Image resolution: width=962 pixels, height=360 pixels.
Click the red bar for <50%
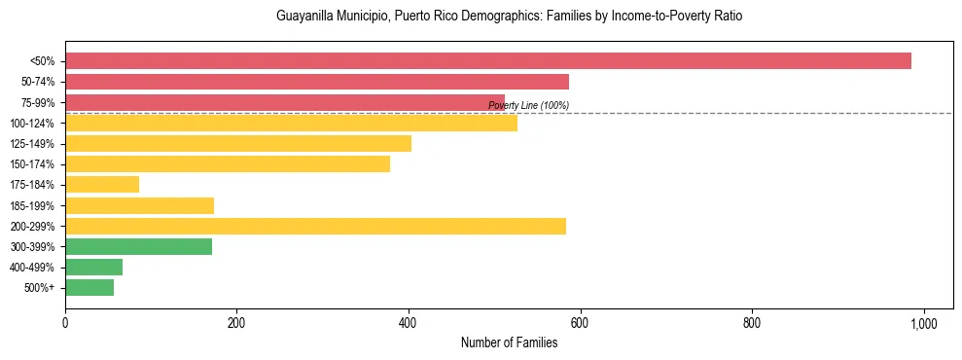tap(487, 61)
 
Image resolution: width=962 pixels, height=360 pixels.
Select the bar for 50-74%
tap(316, 82)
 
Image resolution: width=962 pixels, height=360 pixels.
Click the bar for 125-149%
tap(237, 144)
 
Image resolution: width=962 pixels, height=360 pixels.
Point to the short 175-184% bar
tap(102, 185)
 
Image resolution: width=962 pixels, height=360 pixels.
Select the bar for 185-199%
tap(139, 205)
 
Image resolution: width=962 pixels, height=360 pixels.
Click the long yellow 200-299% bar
tap(315, 227)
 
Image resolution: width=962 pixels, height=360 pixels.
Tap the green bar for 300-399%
tap(138, 247)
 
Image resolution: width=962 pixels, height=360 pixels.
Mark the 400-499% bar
tap(93, 268)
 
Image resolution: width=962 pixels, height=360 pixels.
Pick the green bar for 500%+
tap(89, 288)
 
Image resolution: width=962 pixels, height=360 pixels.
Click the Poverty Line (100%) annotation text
tap(528, 106)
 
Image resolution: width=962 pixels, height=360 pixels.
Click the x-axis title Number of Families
tap(509, 342)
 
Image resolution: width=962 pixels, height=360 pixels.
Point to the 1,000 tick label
tap(923, 322)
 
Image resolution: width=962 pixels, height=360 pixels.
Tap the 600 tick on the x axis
tap(580, 322)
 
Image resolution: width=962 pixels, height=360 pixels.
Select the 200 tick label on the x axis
tap(236, 322)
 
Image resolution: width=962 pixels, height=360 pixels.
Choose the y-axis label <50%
tap(43, 61)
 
